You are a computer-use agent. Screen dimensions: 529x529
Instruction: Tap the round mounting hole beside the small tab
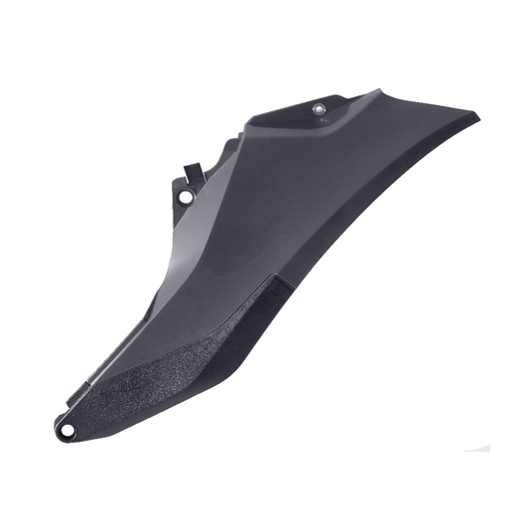tap(185, 197)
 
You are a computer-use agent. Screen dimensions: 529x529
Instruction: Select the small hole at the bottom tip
tap(66, 430)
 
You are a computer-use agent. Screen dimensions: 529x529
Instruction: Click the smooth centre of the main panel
tap(298, 198)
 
